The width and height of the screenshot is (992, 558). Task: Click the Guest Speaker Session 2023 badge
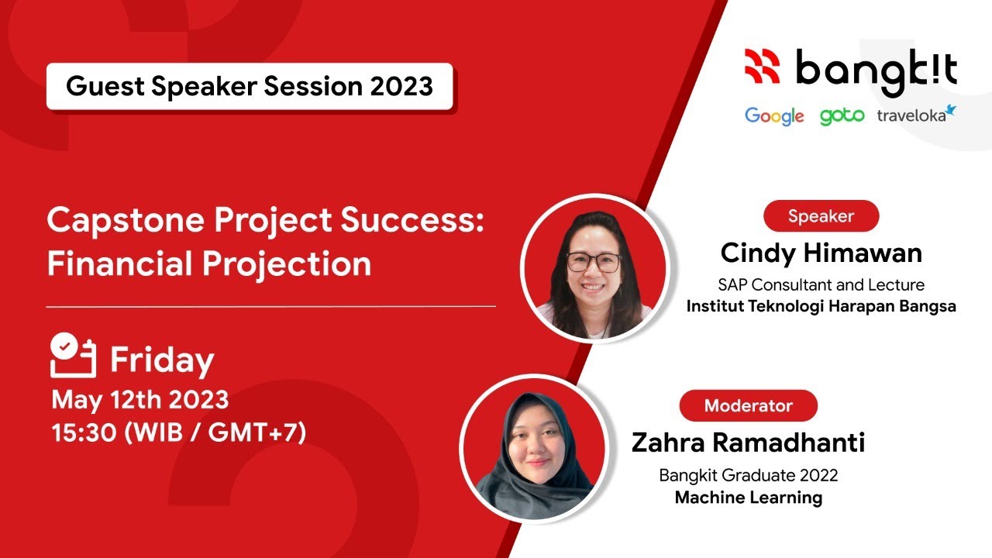(x=250, y=86)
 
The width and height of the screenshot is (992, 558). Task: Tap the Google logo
(x=774, y=116)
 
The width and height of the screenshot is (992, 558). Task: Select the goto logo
(x=842, y=116)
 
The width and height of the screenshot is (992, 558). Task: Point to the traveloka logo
(x=916, y=115)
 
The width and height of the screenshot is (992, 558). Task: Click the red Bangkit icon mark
(x=762, y=67)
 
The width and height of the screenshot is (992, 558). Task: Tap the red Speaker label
(x=821, y=216)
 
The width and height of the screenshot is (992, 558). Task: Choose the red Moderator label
(x=748, y=405)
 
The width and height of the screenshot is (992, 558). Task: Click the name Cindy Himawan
(x=821, y=253)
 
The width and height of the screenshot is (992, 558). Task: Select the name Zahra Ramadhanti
(x=748, y=443)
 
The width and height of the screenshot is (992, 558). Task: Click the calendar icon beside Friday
(x=73, y=356)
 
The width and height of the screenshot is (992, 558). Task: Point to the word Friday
(x=162, y=361)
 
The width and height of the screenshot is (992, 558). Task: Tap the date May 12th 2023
(x=140, y=400)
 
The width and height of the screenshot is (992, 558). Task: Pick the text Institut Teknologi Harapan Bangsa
(x=821, y=306)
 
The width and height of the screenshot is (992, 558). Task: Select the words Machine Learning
(x=748, y=498)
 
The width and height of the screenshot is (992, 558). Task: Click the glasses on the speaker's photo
(x=594, y=262)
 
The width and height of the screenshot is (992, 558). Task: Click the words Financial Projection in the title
(x=209, y=263)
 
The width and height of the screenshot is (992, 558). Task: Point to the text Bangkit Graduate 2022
(x=748, y=475)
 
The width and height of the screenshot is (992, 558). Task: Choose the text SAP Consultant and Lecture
(x=821, y=284)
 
